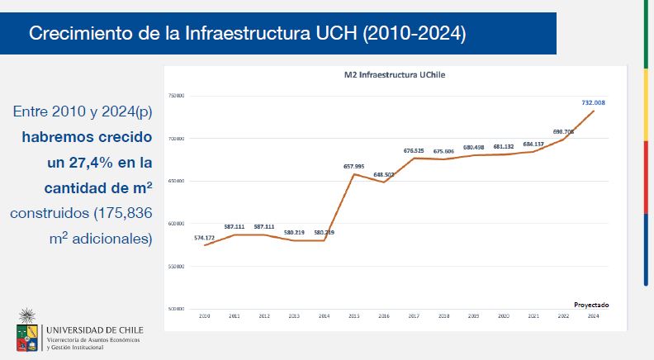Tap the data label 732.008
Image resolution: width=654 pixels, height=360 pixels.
[x=593, y=103]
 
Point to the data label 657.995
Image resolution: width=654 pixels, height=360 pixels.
[x=353, y=166]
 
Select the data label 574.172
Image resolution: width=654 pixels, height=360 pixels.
[x=205, y=238]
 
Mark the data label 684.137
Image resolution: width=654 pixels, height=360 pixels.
[x=533, y=144]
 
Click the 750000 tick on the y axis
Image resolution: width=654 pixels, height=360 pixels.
[x=177, y=96]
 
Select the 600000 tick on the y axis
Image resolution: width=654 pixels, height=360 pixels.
[x=177, y=224]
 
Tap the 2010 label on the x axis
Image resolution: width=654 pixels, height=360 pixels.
[x=205, y=316]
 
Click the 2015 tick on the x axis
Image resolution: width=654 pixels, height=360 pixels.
[x=353, y=316]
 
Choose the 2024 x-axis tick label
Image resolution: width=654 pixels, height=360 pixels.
[x=593, y=316]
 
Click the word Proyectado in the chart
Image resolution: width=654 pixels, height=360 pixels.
[x=590, y=304]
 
